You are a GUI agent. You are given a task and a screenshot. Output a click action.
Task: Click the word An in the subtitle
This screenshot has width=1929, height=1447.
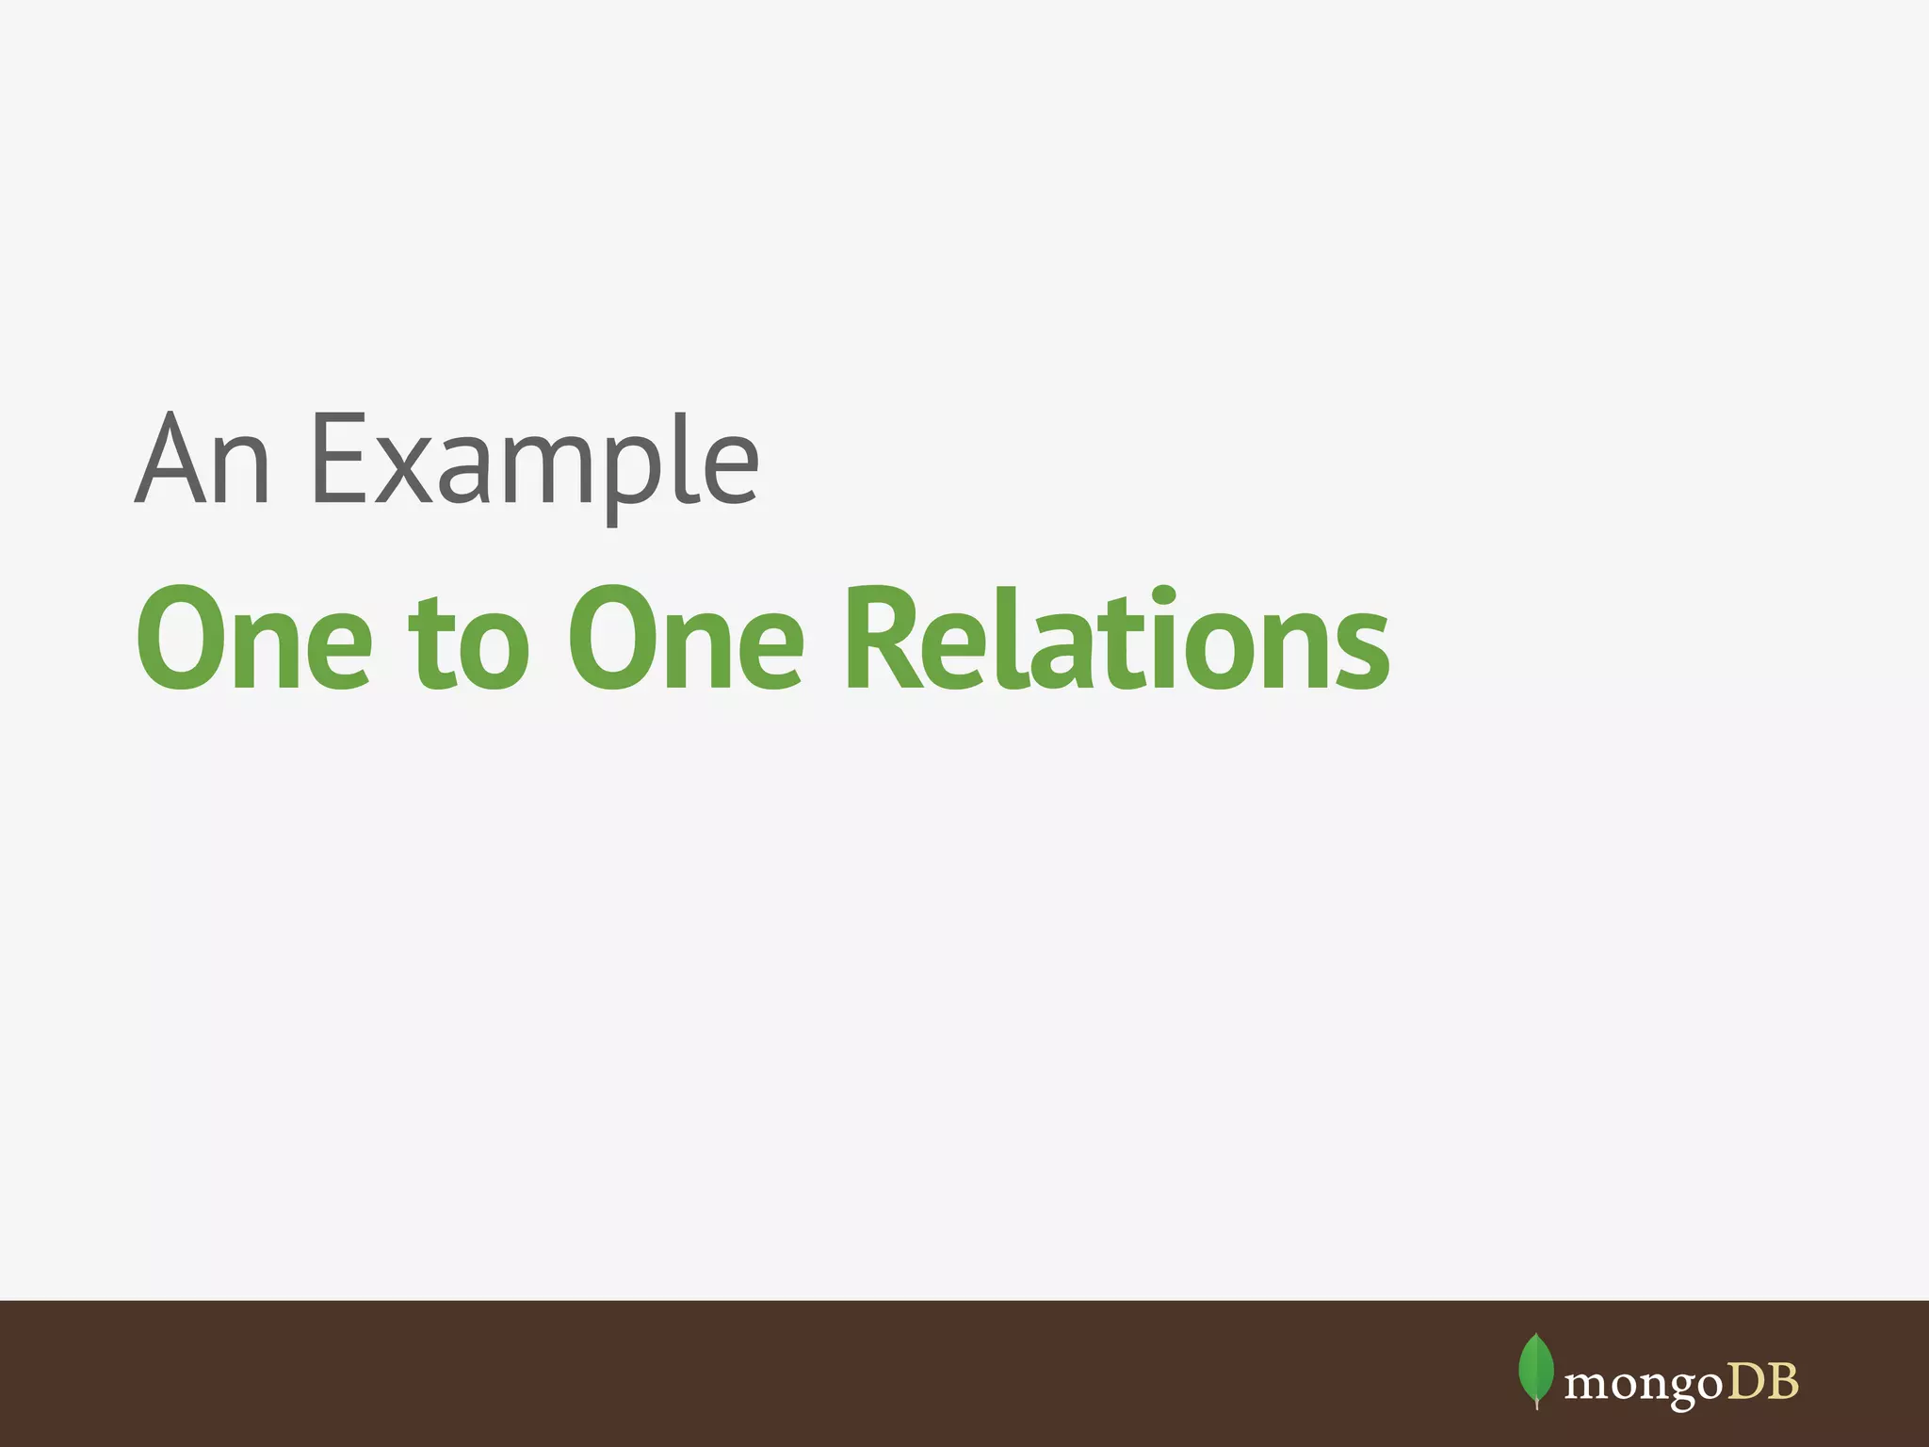click(x=203, y=459)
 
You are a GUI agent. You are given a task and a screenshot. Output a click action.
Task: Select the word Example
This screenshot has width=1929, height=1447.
click(x=534, y=462)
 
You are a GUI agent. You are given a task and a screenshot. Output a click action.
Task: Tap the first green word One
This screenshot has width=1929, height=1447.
click(x=253, y=638)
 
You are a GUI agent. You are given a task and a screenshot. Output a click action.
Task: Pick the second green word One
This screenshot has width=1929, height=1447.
click(x=685, y=638)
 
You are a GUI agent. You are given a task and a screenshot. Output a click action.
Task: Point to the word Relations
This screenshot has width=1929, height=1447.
click(x=1116, y=638)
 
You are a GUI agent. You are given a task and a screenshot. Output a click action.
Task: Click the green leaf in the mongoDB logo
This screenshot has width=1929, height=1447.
click(x=1536, y=1369)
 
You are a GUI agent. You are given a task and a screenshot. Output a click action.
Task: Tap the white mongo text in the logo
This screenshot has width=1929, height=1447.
click(x=1643, y=1384)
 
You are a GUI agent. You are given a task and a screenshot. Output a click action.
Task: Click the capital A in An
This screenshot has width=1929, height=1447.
click(x=171, y=459)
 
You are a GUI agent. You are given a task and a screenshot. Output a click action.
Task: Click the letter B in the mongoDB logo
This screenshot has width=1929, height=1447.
click(x=1782, y=1382)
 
